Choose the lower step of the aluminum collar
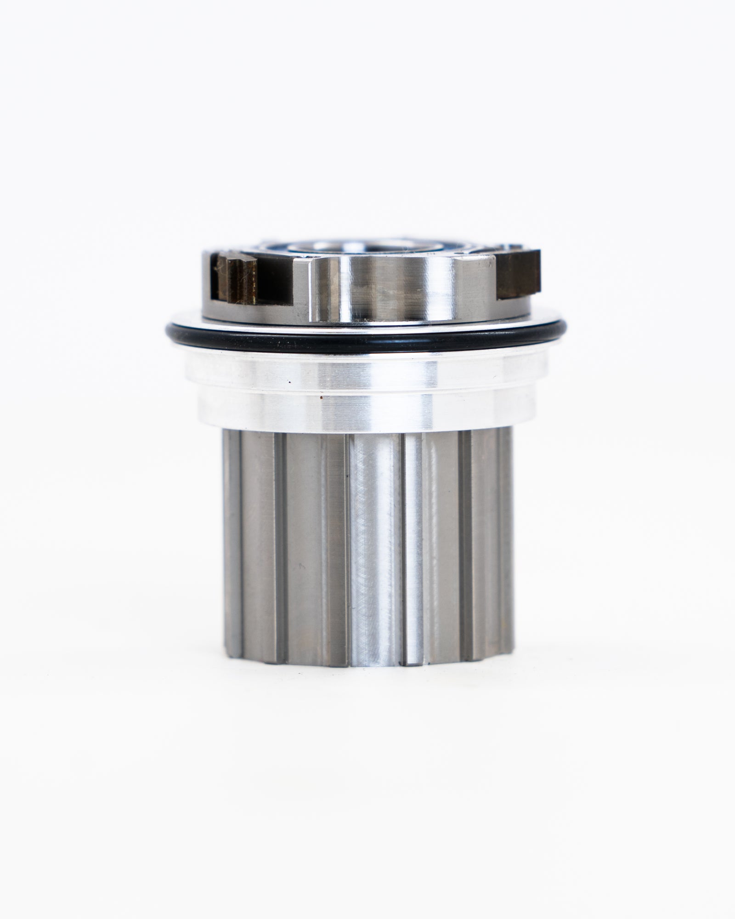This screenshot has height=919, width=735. pos(367,409)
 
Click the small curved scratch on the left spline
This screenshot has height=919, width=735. pos(301,566)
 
